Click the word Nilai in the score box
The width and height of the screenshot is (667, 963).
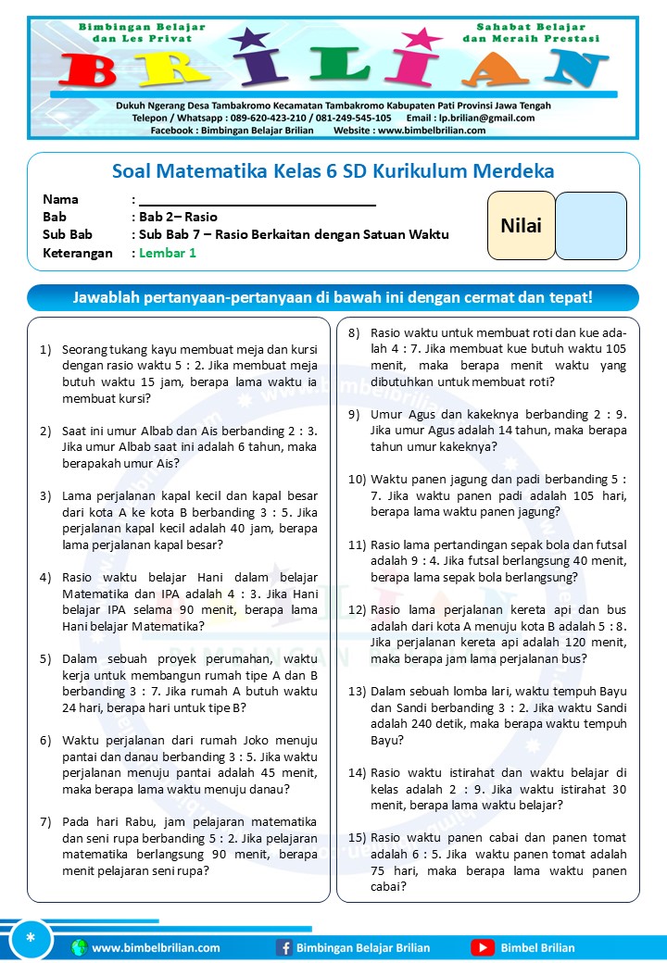[x=521, y=225]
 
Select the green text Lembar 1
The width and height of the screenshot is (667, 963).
[x=168, y=253]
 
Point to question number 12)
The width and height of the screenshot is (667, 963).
[x=358, y=611]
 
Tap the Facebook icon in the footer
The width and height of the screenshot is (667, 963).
[x=284, y=947]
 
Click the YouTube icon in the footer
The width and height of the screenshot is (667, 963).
[x=483, y=947]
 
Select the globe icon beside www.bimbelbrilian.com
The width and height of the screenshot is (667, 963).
[x=79, y=947]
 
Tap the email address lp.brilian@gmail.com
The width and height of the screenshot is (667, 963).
[x=486, y=118]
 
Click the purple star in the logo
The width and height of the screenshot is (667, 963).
[x=248, y=40]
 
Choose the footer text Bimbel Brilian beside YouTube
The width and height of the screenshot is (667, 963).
[x=537, y=947]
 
